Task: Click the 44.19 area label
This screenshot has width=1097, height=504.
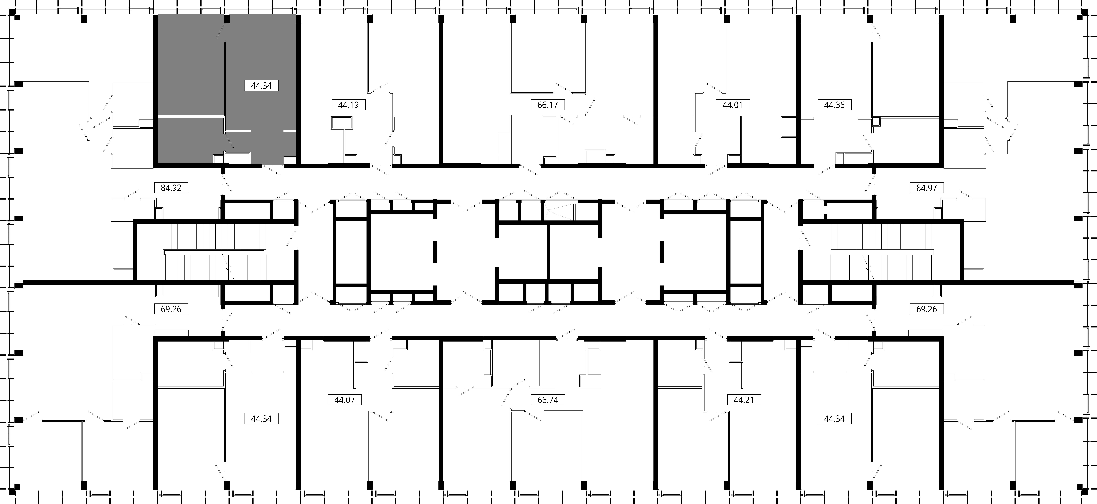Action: pos(348,105)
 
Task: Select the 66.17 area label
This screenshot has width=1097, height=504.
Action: pos(548,105)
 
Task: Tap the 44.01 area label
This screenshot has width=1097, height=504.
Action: pos(732,105)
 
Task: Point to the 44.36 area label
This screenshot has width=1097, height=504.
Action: pos(834,105)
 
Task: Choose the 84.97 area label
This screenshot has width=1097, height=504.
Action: pos(927,188)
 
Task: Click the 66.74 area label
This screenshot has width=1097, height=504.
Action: pos(548,400)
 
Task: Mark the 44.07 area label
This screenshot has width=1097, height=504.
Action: pos(345,400)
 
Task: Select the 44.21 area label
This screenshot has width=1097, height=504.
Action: pos(744,400)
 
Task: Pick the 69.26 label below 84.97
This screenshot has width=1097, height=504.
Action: pos(927,309)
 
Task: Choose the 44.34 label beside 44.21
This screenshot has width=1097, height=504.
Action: pos(834,419)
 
